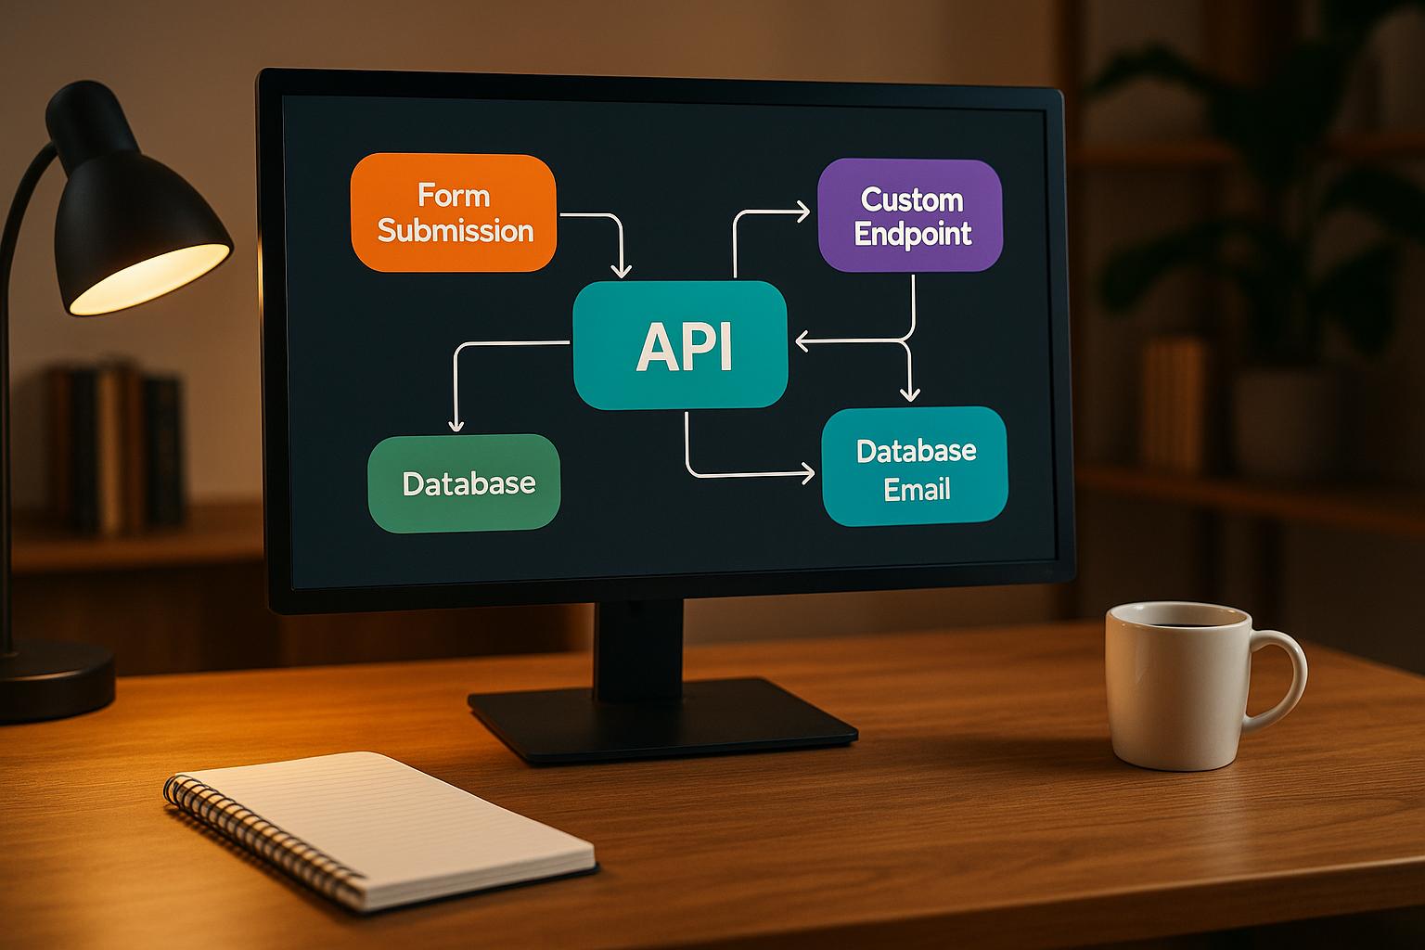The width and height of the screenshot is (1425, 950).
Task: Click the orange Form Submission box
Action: pyautogui.click(x=453, y=212)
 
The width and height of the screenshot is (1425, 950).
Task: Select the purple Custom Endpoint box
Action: pyautogui.click(x=910, y=215)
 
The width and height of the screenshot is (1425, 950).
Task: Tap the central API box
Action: pyautogui.click(x=681, y=345)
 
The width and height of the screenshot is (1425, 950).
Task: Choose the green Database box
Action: pyautogui.click(x=465, y=483)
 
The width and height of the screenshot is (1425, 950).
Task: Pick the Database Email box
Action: pyautogui.click(x=915, y=467)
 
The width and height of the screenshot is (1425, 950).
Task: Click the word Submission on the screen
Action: pyautogui.click(x=456, y=230)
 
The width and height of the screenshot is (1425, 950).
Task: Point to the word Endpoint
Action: pyautogui.click(x=912, y=233)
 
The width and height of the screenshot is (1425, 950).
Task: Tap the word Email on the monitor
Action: pyautogui.click(x=917, y=489)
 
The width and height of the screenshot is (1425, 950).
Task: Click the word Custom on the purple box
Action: pyautogui.click(x=912, y=199)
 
